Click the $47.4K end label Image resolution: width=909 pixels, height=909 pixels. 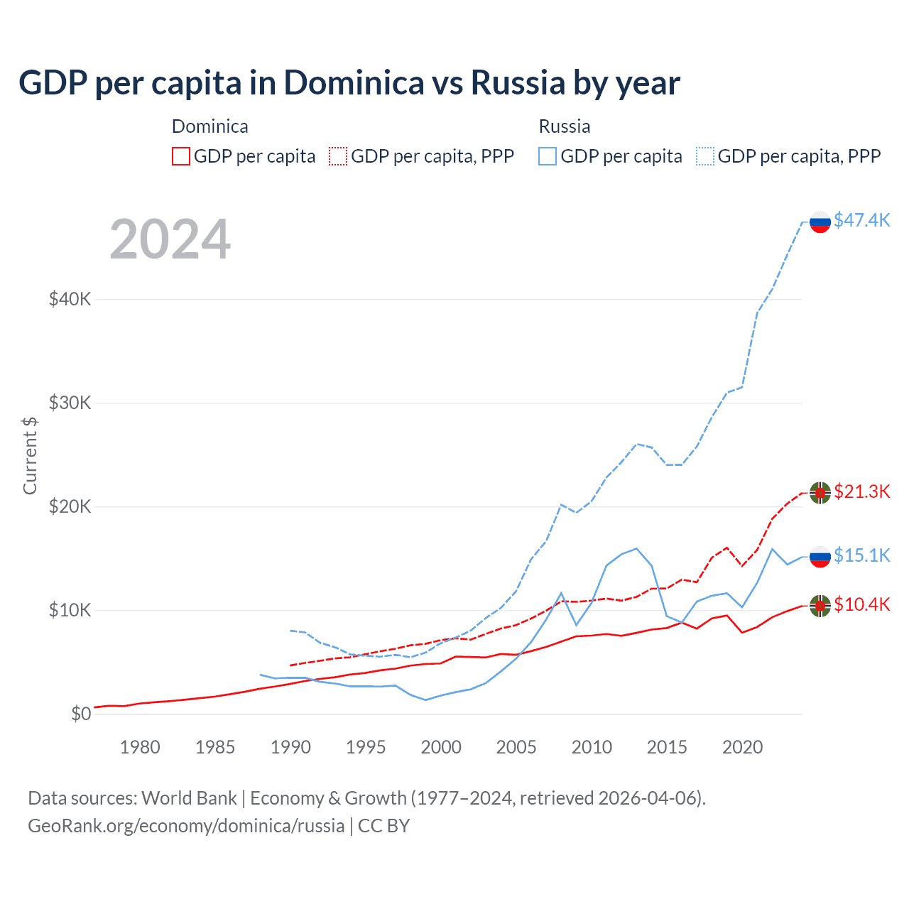(x=861, y=220)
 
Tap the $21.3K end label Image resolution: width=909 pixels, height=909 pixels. (x=861, y=491)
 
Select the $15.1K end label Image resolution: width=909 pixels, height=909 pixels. (x=861, y=555)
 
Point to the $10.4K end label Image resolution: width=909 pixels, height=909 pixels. (x=861, y=604)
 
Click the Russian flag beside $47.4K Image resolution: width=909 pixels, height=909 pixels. (x=820, y=222)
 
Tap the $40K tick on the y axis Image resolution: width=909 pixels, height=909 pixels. (x=70, y=299)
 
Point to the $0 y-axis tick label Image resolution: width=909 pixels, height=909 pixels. (x=81, y=714)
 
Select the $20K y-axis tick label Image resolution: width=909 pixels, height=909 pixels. (x=70, y=506)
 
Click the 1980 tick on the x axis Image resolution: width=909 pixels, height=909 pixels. (x=140, y=747)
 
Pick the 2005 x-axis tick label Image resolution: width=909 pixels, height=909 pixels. (x=516, y=747)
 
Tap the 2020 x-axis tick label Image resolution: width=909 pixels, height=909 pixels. (x=742, y=747)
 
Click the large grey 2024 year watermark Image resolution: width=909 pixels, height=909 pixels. (x=170, y=239)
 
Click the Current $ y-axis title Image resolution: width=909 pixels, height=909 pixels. (x=30, y=455)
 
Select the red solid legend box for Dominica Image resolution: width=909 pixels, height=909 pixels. (x=181, y=156)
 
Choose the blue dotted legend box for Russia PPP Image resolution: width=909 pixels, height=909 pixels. (x=705, y=156)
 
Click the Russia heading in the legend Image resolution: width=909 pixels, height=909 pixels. (x=565, y=126)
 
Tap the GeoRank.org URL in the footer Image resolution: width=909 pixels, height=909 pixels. (x=186, y=826)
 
